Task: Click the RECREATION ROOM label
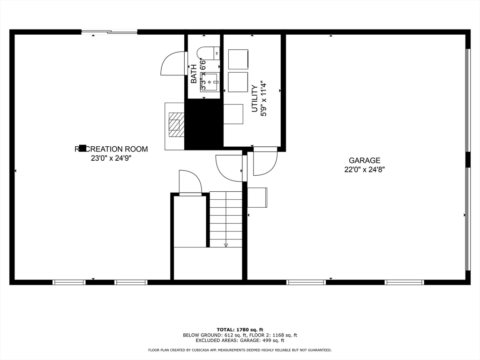point(111,149)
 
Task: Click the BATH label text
point(194,74)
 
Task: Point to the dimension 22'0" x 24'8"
point(365,170)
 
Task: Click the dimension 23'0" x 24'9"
point(111,158)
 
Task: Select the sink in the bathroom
point(209,82)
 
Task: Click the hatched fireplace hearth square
point(176,124)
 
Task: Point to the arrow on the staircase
point(226,244)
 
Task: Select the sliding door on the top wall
point(110,32)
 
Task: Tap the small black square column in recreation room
point(82,148)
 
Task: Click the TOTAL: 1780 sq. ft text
point(240,329)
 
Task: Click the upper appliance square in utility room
point(238,59)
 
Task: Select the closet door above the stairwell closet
point(190,182)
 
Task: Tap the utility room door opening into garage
point(264,162)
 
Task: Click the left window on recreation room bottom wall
point(69,282)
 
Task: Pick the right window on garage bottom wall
point(405,282)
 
